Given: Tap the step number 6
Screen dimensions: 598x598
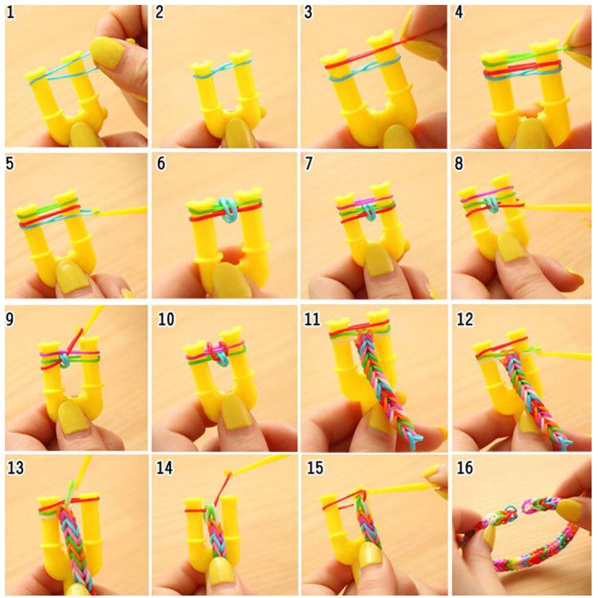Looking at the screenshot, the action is pyautogui.click(x=161, y=164).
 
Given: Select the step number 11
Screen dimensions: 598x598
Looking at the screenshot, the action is pyautogui.click(x=312, y=319).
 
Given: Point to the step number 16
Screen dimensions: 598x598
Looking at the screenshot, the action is pyautogui.click(x=464, y=467).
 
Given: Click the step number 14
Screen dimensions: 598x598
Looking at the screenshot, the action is pyautogui.click(x=164, y=467).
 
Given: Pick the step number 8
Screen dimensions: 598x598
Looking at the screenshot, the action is pyautogui.click(x=459, y=164).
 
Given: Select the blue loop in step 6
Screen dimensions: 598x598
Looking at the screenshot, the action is pyautogui.click(x=229, y=209).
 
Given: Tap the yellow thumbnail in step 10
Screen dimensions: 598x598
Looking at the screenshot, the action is pyautogui.click(x=236, y=411).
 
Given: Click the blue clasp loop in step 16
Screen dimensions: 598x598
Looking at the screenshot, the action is pyautogui.click(x=510, y=510).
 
